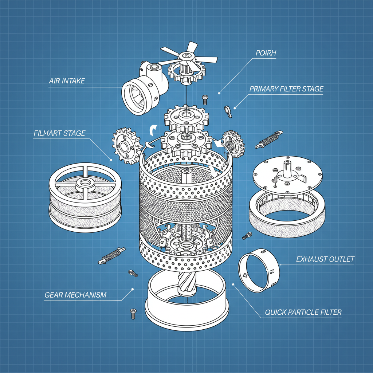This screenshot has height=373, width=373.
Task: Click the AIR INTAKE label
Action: click(67, 81)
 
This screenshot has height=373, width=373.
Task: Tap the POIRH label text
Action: click(266, 53)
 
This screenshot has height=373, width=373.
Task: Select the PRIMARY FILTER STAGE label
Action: click(286, 89)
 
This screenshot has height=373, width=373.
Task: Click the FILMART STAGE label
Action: click(59, 133)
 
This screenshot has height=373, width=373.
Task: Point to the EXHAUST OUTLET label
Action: click(325, 259)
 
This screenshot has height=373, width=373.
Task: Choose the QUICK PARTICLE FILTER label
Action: click(303, 312)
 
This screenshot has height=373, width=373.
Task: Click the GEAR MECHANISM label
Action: click(75, 295)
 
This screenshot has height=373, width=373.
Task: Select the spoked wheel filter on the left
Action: click(85, 197)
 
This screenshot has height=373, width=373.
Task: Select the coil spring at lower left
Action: click(111, 255)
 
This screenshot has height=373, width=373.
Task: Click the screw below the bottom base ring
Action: click(133, 313)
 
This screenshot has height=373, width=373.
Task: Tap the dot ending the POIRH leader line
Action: click(219, 93)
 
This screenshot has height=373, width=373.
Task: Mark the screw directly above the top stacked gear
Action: click(205, 99)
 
